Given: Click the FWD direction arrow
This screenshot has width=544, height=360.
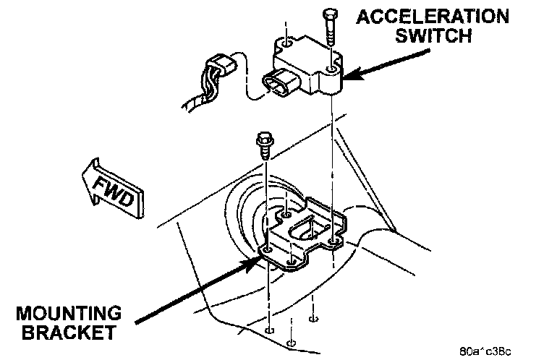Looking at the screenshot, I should pyautogui.click(x=112, y=187).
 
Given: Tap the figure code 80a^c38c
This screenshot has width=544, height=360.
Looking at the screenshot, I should pyautogui.click(x=484, y=351).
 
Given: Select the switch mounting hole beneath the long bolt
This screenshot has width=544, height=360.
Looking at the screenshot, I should pyautogui.click(x=332, y=70).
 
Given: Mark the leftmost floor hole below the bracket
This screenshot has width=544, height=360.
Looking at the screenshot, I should pyautogui.click(x=268, y=330).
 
